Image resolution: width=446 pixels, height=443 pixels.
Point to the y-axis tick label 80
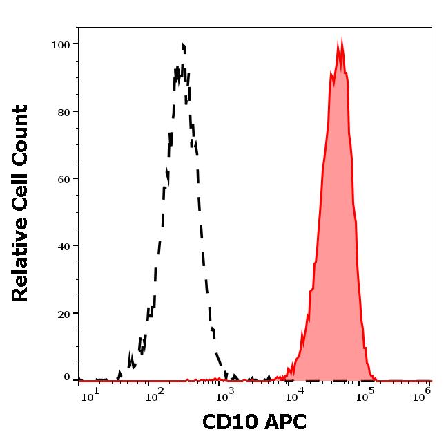point(63,112)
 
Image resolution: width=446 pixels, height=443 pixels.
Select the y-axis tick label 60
point(63,179)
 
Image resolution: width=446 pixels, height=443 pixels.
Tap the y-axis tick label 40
point(63,246)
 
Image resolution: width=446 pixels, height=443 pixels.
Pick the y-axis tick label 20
point(63,313)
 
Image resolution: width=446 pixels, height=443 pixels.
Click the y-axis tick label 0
point(67,377)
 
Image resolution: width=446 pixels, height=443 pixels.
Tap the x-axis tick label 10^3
point(224,392)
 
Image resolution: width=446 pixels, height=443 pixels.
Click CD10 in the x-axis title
point(228,422)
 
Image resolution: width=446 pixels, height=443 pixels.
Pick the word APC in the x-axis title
point(284,422)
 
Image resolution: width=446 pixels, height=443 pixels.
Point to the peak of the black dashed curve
point(184,45)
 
